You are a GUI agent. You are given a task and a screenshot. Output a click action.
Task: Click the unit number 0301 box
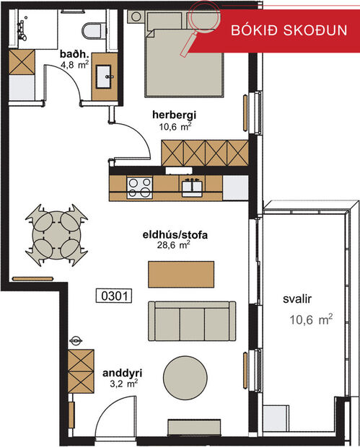pos(113,295)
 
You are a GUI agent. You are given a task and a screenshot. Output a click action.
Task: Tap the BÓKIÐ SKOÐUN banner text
pos(289,31)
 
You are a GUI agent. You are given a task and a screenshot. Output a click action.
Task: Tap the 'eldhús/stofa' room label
pos(175,234)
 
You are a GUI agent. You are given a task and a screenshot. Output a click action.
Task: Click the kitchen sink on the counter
pos(192,187)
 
